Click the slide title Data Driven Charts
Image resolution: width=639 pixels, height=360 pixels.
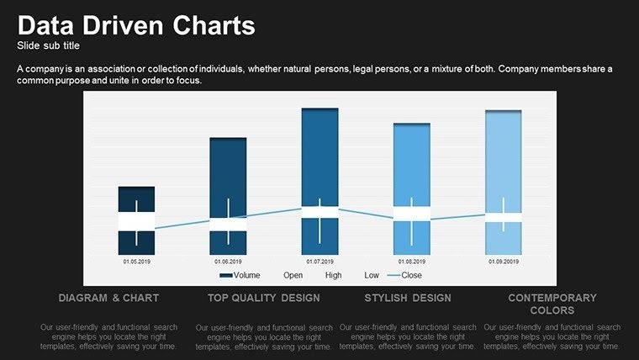tap(136, 25)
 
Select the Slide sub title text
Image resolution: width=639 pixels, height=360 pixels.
tap(48, 45)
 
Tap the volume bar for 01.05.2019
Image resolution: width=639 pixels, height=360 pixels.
tap(136, 198)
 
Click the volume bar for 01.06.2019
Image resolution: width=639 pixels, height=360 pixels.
tap(228, 168)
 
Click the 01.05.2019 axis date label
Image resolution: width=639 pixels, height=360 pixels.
tap(136, 262)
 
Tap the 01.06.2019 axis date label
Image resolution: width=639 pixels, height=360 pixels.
tap(228, 262)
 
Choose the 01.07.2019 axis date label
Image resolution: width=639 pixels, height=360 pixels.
tap(319, 262)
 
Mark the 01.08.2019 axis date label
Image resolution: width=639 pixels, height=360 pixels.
tap(411, 262)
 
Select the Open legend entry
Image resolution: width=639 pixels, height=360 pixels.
tap(293, 275)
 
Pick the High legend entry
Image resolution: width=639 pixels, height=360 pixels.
tap(333, 275)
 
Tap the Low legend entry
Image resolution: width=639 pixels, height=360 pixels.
tap(372, 275)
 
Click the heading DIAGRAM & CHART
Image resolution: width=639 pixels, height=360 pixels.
tap(108, 299)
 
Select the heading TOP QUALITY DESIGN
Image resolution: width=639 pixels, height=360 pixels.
tap(264, 299)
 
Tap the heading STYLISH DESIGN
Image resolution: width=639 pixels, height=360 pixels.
tap(408, 299)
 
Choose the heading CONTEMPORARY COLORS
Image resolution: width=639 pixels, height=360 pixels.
tap(552, 304)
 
